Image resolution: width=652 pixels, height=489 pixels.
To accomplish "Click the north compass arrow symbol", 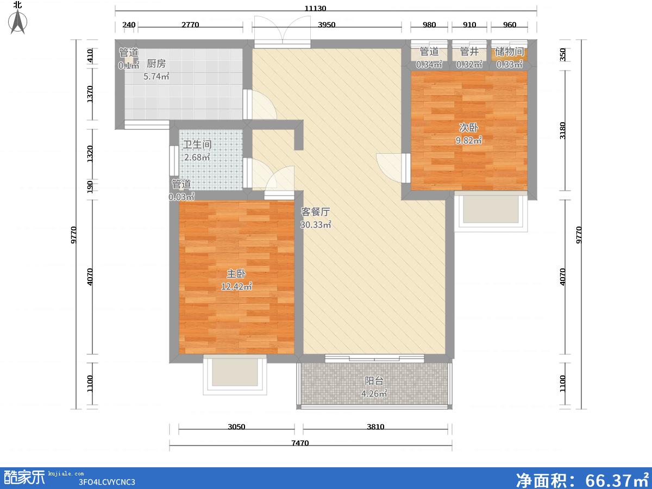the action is (x=18, y=21).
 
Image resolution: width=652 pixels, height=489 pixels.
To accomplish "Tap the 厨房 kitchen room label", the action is (x=156, y=63).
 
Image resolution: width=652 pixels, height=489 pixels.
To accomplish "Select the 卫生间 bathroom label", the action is (x=197, y=145).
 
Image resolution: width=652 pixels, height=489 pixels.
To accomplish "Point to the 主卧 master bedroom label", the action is (x=236, y=274).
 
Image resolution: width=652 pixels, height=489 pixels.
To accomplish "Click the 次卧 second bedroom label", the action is (x=468, y=127).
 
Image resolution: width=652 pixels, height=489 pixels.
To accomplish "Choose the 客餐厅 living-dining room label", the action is (x=315, y=212).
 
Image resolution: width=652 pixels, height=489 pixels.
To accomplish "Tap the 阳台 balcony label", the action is (x=374, y=381).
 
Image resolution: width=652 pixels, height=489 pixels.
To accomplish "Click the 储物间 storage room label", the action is (x=509, y=52).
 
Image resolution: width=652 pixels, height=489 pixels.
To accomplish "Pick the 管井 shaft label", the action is (x=469, y=52).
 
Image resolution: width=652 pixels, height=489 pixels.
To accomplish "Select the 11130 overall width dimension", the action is (x=315, y=8).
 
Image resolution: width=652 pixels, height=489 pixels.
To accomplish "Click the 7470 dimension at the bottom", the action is (x=300, y=443).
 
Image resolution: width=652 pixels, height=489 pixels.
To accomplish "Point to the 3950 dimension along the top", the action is (x=327, y=24).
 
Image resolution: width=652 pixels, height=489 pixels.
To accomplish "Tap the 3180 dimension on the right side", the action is (x=562, y=130).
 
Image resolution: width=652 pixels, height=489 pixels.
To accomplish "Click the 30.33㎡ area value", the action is (x=316, y=225).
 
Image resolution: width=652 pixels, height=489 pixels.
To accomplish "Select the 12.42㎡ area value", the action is (x=236, y=286).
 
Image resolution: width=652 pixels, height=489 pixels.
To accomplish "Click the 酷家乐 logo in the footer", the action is (x=24, y=478).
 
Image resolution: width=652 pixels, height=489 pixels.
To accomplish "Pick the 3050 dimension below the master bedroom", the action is (x=236, y=427).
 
